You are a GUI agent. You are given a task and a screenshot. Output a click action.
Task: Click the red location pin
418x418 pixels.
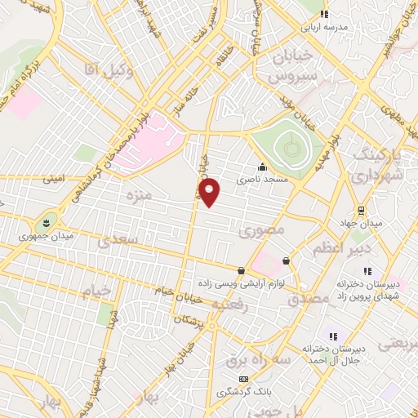[x=210, y=191]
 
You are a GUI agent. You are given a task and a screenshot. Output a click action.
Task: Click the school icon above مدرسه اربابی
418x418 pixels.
[x=324, y=14]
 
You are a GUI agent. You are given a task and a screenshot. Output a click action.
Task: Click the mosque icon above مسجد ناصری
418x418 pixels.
[x=261, y=167]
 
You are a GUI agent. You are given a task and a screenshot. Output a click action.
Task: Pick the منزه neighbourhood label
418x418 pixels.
[x=136, y=197]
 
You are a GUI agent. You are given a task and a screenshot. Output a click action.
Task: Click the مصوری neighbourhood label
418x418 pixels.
[x=264, y=232]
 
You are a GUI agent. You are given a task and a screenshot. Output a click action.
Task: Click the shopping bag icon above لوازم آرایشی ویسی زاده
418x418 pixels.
[x=240, y=270]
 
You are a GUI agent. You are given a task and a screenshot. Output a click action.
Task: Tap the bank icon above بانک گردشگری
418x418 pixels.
[x=242, y=380]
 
